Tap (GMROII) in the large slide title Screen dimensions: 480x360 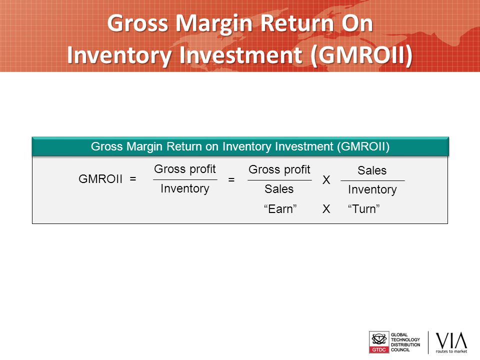(x=361, y=55)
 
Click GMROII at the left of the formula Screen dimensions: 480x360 (x=100, y=179)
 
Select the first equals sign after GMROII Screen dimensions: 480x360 (x=133, y=179)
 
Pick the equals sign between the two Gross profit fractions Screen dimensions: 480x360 (x=231, y=179)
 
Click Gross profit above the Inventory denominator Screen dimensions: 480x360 (x=185, y=169)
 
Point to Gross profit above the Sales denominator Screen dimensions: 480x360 (x=279, y=170)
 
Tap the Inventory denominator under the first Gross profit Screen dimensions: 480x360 (x=185, y=188)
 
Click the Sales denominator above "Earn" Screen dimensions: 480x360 (x=279, y=189)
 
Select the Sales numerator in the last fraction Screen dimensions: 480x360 (x=372, y=170)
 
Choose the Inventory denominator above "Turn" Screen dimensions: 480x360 (x=372, y=190)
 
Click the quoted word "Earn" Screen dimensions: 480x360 (x=280, y=209)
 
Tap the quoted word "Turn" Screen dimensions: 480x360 (x=363, y=209)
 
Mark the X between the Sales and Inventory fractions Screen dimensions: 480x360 (x=326, y=180)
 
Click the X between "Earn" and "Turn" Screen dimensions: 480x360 (x=326, y=209)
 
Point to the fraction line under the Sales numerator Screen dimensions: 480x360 (x=372, y=181)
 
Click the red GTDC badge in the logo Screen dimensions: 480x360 (x=379, y=350)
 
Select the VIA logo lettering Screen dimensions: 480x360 (x=451, y=340)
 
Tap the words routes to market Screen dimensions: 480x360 (x=451, y=351)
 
